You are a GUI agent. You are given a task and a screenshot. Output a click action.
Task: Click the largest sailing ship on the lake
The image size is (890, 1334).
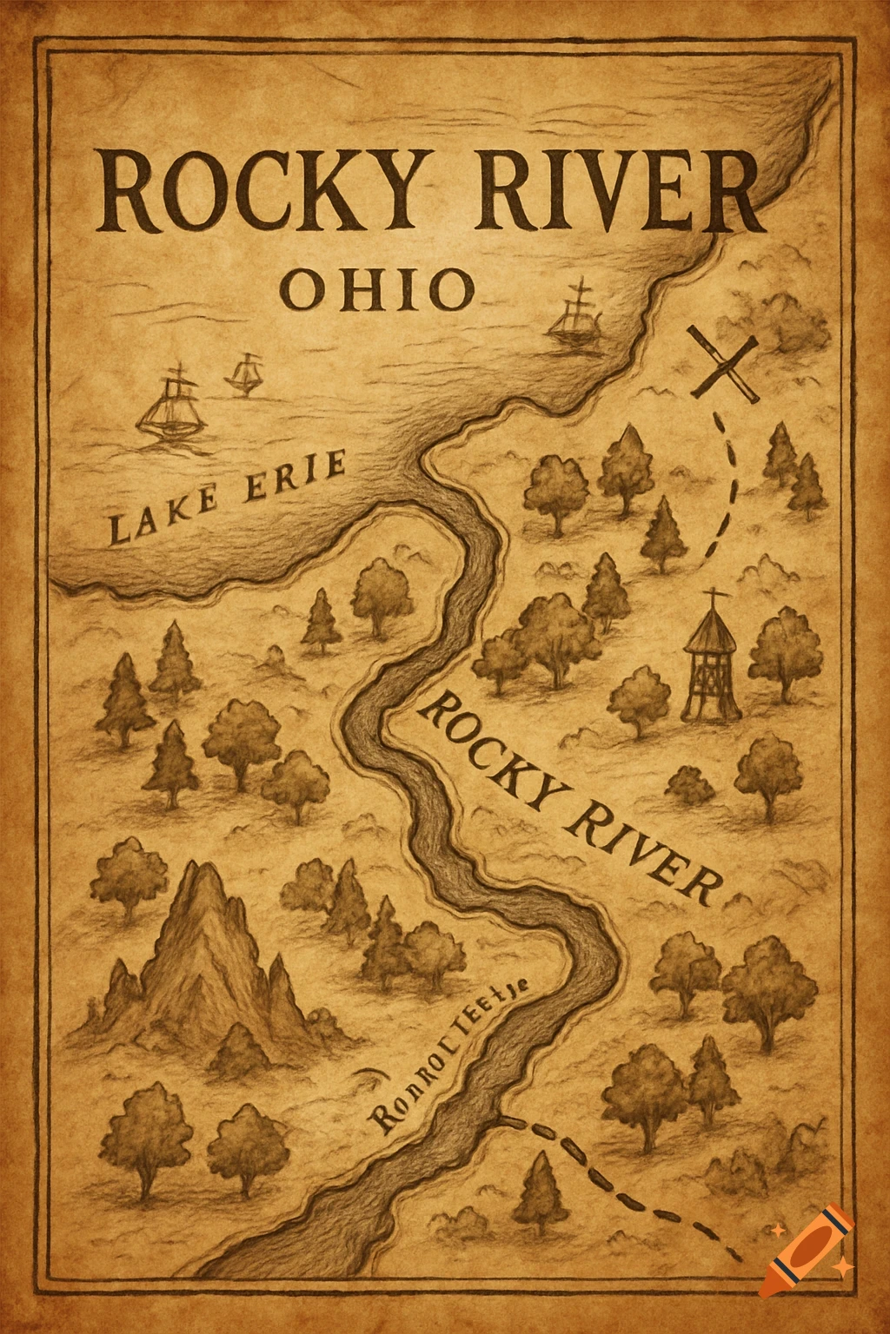173,403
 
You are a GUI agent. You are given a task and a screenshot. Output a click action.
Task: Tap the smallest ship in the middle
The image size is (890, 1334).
244,374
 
